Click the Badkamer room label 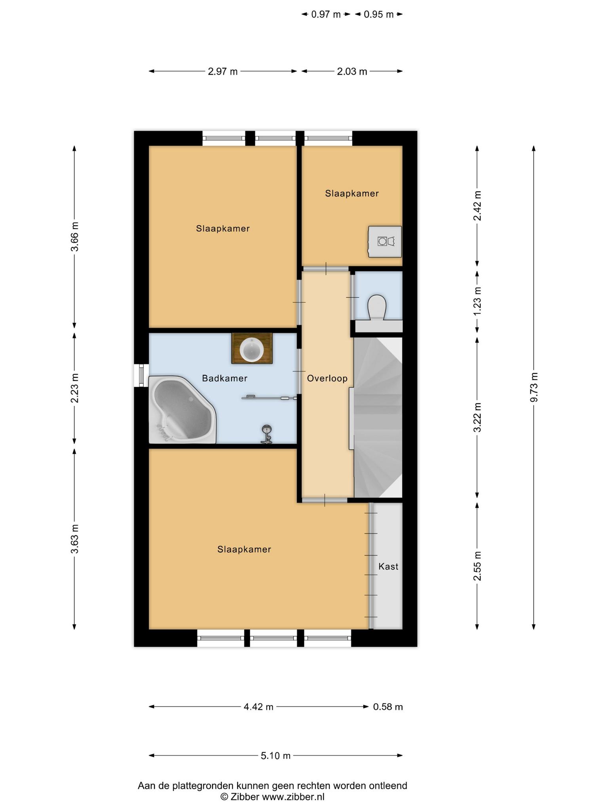[224, 378]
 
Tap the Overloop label [327, 378]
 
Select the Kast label [388, 566]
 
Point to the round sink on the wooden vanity [252, 350]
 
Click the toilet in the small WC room [376, 307]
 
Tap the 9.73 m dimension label [534, 387]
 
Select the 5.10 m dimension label [275, 756]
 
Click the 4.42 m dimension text [258, 706]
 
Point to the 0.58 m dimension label [388, 706]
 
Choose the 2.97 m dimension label [223, 71]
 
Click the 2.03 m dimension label [352, 71]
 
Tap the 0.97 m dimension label [326, 15]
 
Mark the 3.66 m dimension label [74, 236]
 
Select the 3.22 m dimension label [477, 417]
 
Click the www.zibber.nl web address [293, 797]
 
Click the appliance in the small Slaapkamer [385, 242]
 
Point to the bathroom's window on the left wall [141, 375]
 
